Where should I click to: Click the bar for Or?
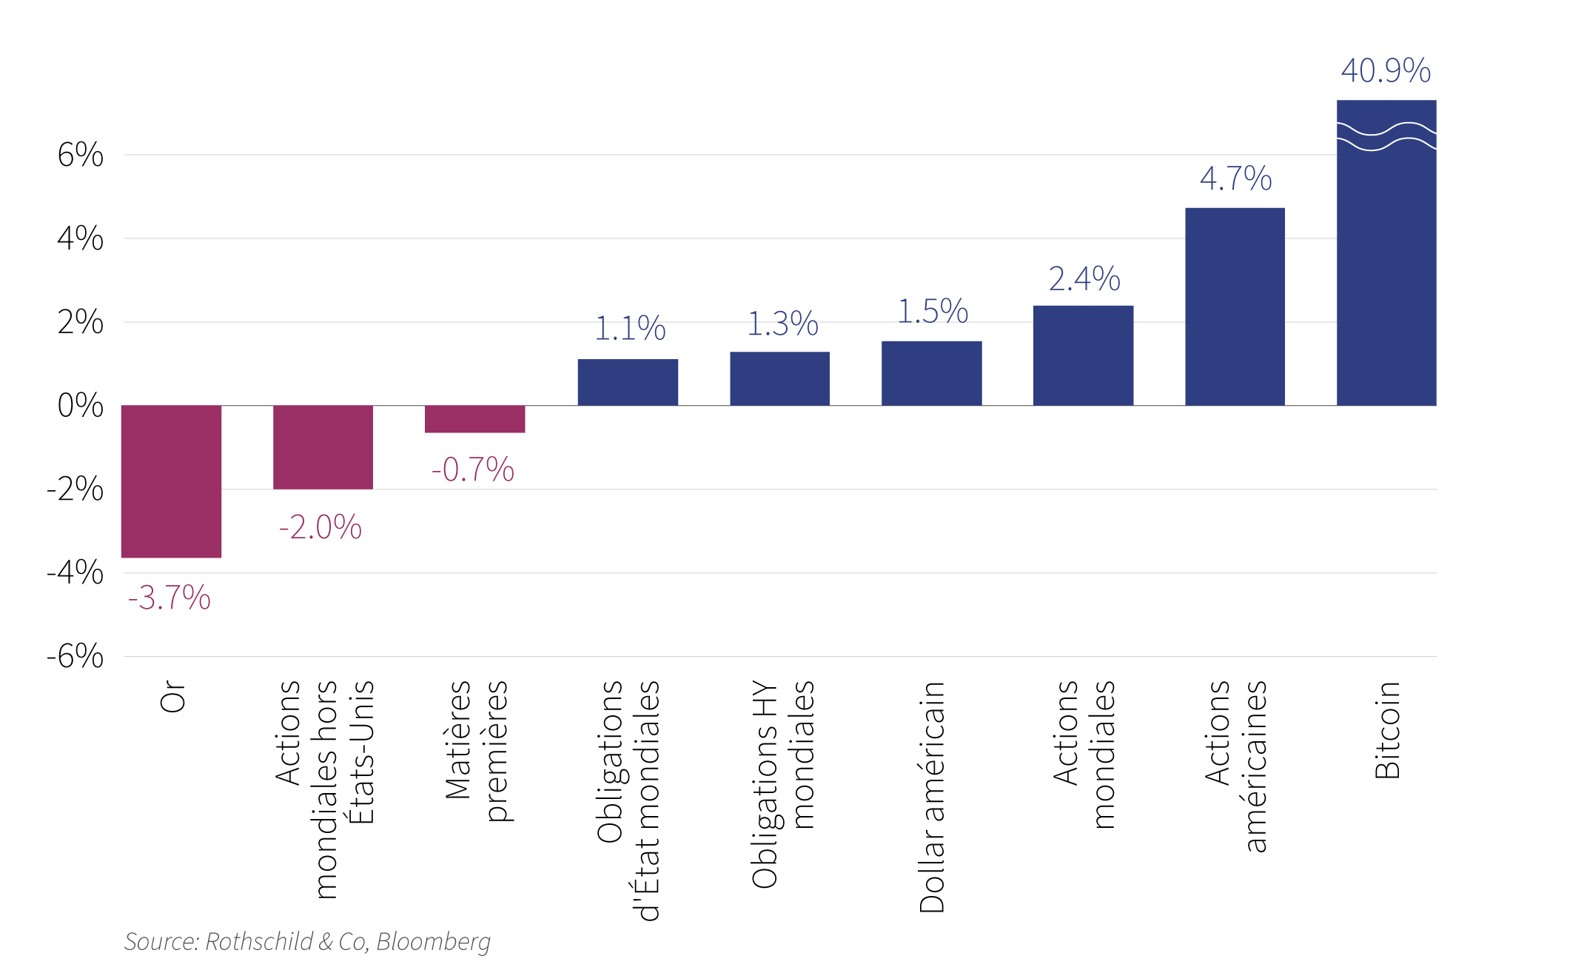tap(171, 481)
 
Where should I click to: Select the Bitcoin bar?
tap(1386, 253)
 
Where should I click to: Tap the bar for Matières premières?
tap(474, 418)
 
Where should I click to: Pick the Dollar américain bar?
tap(931, 373)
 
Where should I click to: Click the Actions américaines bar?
tap(1235, 307)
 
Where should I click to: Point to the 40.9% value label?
tap(1386, 71)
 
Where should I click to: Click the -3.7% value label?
tap(170, 598)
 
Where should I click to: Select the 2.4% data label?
tap(1084, 279)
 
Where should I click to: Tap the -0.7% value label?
tap(473, 469)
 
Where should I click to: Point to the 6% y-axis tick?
tap(81, 155)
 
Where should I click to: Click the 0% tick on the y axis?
tap(81, 405)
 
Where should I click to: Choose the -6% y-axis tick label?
tap(75, 656)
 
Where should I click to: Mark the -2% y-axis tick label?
tap(75, 489)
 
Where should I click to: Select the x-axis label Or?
tap(172, 697)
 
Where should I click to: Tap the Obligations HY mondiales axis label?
tap(782, 784)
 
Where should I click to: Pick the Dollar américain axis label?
tap(932, 797)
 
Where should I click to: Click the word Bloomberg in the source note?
tap(434, 942)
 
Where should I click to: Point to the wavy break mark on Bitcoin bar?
tap(1386, 136)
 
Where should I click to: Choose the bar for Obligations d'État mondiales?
tap(628, 382)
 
